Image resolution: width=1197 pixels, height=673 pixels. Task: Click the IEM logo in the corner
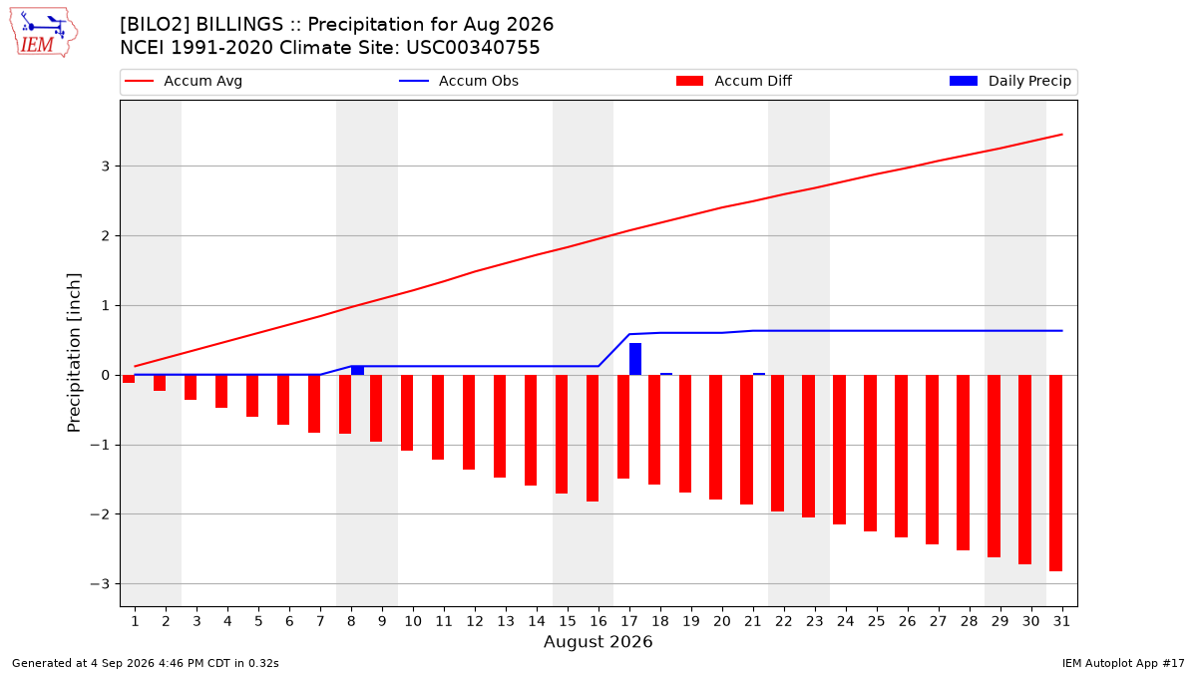click(44, 33)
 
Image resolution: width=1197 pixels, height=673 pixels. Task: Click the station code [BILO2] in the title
click(155, 25)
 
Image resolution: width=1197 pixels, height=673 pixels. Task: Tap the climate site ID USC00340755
click(473, 48)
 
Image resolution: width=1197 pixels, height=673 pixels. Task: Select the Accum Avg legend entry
click(184, 81)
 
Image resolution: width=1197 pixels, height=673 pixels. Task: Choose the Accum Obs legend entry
click(459, 81)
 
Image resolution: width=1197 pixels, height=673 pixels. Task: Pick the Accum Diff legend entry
click(734, 81)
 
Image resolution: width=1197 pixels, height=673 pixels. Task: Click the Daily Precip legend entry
click(1009, 81)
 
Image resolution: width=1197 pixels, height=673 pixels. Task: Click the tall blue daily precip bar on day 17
click(634, 359)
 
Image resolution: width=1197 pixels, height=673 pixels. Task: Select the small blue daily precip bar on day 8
click(357, 370)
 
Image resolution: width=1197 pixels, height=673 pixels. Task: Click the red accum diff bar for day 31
click(1055, 474)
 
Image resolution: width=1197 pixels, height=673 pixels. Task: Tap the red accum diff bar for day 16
click(593, 438)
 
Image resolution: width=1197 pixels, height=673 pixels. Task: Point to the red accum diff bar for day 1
click(129, 379)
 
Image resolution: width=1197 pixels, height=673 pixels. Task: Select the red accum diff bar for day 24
click(839, 450)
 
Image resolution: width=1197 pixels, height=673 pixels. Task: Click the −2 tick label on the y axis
click(100, 514)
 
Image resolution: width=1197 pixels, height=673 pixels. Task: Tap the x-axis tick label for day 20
click(722, 621)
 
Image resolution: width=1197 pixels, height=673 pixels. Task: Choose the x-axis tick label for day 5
click(258, 621)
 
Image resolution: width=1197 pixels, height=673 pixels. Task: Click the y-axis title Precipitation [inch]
click(74, 353)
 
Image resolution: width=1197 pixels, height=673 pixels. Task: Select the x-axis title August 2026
click(598, 641)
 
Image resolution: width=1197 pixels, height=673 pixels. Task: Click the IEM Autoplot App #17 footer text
click(1123, 663)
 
